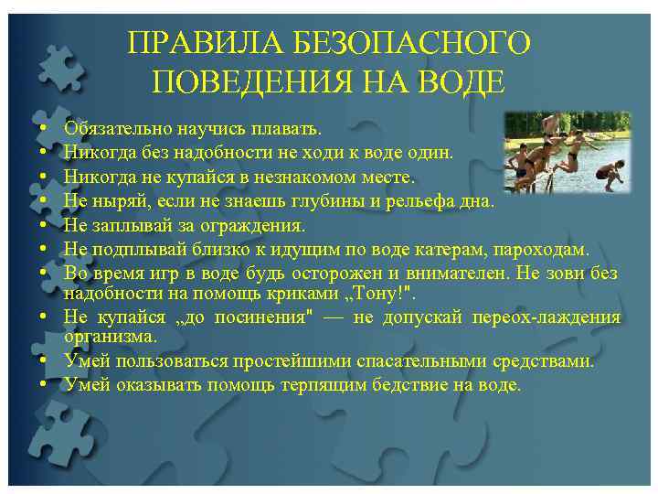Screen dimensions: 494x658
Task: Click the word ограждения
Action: coord(252,224)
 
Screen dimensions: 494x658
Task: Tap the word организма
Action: coord(106,337)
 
